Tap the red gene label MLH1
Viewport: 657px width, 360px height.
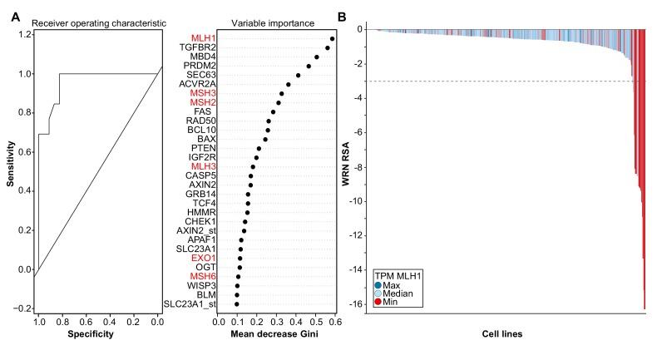[x=202, y=39]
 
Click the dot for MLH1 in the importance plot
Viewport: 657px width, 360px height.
[x=332, y=39]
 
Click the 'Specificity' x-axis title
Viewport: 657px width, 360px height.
[x=90, y=335]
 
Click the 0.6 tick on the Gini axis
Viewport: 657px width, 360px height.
[x=333, y=319]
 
